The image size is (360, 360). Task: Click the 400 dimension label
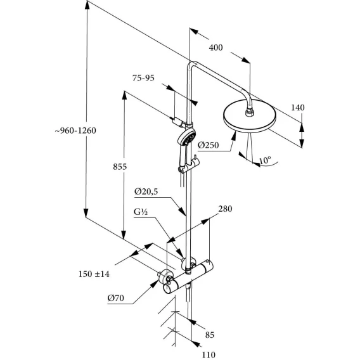215,48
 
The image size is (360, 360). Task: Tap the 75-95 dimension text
143,78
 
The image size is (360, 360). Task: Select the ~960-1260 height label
75,131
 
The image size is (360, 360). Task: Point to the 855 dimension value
120,167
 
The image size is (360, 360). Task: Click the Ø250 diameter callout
209,145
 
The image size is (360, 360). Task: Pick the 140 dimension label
298,108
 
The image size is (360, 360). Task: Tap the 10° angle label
265,160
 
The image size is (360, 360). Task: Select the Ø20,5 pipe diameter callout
146,191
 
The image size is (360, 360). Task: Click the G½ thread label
141,212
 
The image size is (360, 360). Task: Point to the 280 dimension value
225,209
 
